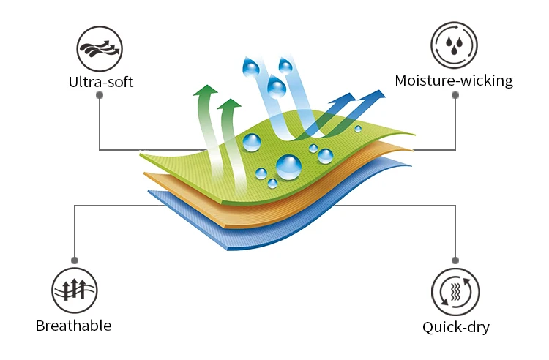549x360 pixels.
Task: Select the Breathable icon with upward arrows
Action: [74, 290]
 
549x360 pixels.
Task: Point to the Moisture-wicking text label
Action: [454, 80]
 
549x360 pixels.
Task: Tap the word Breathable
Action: [73, 325]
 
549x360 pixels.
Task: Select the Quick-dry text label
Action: [455, 326]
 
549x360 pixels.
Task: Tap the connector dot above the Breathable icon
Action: [74, 259]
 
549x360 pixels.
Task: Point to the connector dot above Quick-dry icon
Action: [455, 260]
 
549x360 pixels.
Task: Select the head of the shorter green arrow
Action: [230, 105]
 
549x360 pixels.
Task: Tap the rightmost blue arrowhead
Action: [377, 95]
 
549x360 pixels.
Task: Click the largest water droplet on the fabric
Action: [289, 167]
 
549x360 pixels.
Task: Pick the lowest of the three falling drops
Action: [277, 89]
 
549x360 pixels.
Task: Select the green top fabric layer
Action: [220, 176]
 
